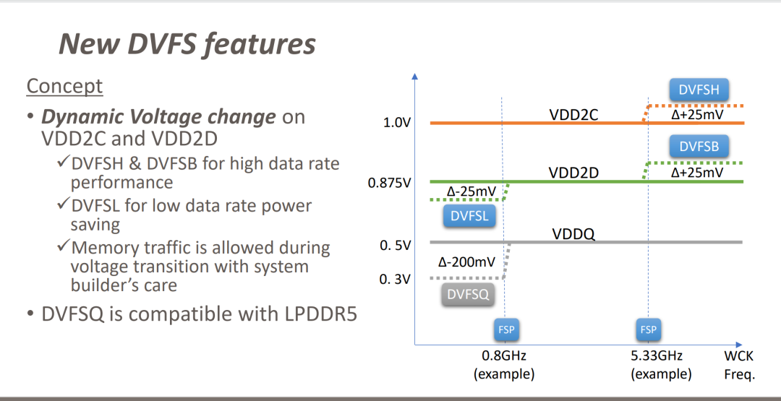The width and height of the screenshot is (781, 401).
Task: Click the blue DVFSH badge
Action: click(x=699, y=90)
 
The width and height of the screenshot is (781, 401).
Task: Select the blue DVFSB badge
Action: click(x=699, y=147)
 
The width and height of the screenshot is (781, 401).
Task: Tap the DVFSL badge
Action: click(x=469, y=216)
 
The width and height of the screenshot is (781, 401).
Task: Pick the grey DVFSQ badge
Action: click(x=468, y=295)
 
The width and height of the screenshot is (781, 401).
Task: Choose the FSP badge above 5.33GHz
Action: click(x=649, y=329)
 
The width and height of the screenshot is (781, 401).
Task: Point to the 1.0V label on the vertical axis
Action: click(x=396, y=123)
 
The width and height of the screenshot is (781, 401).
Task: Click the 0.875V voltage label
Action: click(x=389, y=183)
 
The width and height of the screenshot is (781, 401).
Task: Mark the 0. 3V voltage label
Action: click(x=395, y=279)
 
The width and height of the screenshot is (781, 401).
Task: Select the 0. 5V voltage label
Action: click(x=395, y=246)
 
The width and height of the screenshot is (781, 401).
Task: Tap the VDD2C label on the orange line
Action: click(x=573, y=114)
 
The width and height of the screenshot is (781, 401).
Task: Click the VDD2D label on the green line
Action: click(x=573, y=173)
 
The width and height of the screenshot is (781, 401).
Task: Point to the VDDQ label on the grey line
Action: click(x=573, y=234)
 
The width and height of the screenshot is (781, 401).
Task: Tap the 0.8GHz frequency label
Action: click(x=503, y=356)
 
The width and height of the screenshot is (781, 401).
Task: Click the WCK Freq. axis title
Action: click(x=739, y=365)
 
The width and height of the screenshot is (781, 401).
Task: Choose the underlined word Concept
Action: click(x=65, y=86)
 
